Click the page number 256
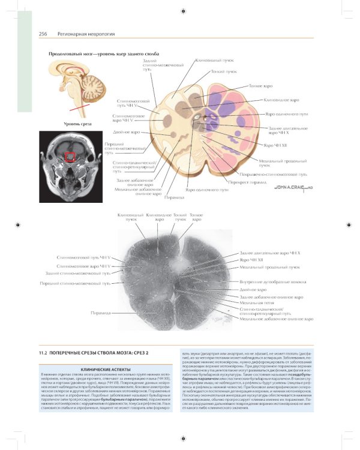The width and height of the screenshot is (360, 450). coord(43,34)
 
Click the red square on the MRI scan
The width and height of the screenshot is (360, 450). coord(71,157)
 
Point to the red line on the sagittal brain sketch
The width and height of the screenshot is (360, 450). coord(78,109)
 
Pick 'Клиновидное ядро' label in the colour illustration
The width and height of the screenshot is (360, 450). coord(281,100)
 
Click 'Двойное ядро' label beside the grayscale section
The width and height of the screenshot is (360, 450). coord(253,289)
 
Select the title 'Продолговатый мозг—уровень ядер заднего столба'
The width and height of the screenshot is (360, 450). coord(103,54)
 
